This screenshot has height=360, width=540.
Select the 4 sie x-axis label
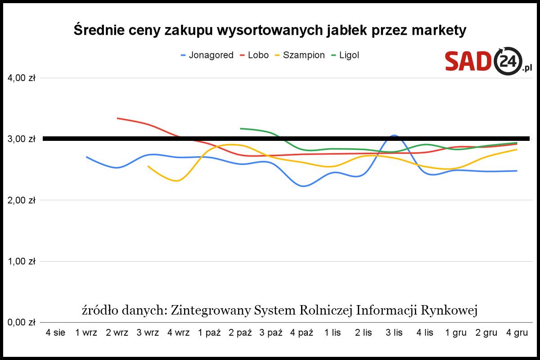55,333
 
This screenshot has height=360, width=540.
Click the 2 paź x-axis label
240,333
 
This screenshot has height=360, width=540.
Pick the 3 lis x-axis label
394,333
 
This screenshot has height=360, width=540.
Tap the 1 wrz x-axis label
86,333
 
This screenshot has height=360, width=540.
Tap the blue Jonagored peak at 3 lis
394,135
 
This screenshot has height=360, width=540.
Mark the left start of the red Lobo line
117,118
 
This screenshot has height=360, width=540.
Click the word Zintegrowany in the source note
211,310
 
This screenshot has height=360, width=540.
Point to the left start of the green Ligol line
241,129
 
